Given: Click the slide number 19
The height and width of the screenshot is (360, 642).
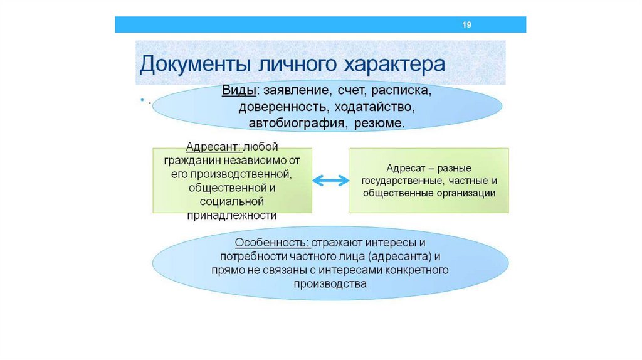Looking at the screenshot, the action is point(466,25).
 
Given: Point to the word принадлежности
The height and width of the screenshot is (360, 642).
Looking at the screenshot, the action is point(232,215).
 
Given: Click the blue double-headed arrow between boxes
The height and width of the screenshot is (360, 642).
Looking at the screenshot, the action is point(330,181).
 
